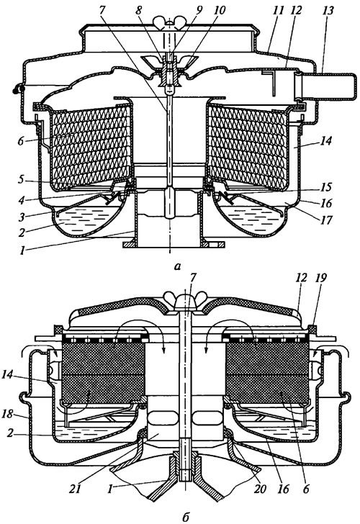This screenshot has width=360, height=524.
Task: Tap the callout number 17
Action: tap(326, 220)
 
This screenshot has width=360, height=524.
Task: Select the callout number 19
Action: tap(321, 278)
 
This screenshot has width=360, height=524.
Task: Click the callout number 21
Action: tap(76, 489)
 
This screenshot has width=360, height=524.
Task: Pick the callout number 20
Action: tap(260, 489)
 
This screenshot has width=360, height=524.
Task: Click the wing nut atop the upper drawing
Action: tap(169, 22)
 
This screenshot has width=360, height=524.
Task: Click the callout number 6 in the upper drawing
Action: tap(21, 141)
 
